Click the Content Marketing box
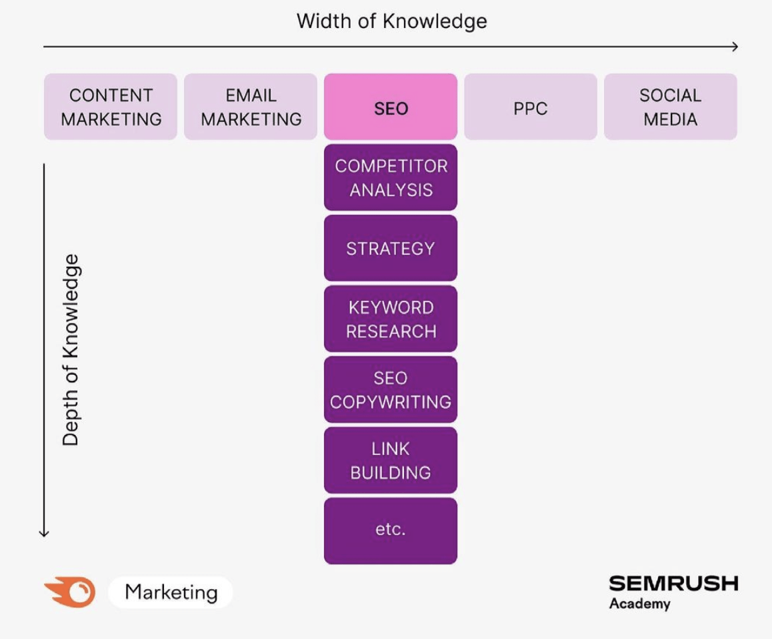point(111,107)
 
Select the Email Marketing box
point(251,107)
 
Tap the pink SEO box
point(391,107)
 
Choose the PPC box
point(531,107)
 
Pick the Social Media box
point(670,107)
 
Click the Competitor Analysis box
point(391,177)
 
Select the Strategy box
point(391,248)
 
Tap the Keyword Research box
point(391,319)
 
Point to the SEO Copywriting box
point(391,390)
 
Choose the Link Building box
point(391,460)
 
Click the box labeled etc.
point(391,530)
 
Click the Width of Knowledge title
point(391,21)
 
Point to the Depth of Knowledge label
point(71,350)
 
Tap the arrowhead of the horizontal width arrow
point(735,47)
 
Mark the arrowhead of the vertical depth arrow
point(44,533)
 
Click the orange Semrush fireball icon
point(71,592)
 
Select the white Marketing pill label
point(171,592)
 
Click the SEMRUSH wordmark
point(673,584)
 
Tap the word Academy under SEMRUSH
point(639,604)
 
